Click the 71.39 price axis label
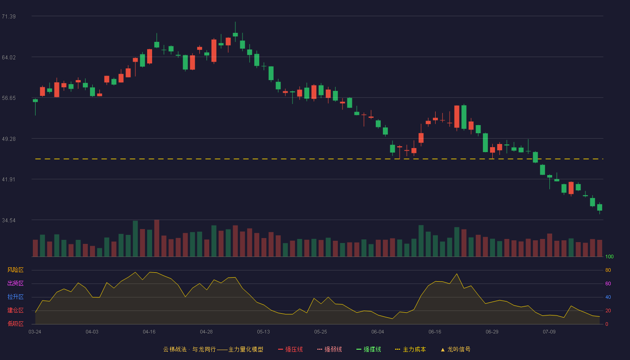click(9, 17)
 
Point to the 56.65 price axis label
click(9, 98)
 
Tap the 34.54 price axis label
click(9, 220)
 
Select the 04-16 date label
click(149, 332)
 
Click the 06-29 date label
click(492, 332)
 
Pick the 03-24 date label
click(35, 332)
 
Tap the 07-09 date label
click(549, 332)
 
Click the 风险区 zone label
click(15, 270)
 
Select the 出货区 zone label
click(15, 283)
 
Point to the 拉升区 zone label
click(15, 297)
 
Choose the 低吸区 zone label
click(15, 324)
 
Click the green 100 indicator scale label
click(609, 256)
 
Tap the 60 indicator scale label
click(608, 283)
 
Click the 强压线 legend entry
click(290, 349)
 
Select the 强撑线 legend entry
click(369, 349)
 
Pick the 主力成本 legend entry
click(410, 349)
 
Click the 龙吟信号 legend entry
click(455, 349)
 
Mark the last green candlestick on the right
click(599, 207)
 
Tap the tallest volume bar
click(157, 238)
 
